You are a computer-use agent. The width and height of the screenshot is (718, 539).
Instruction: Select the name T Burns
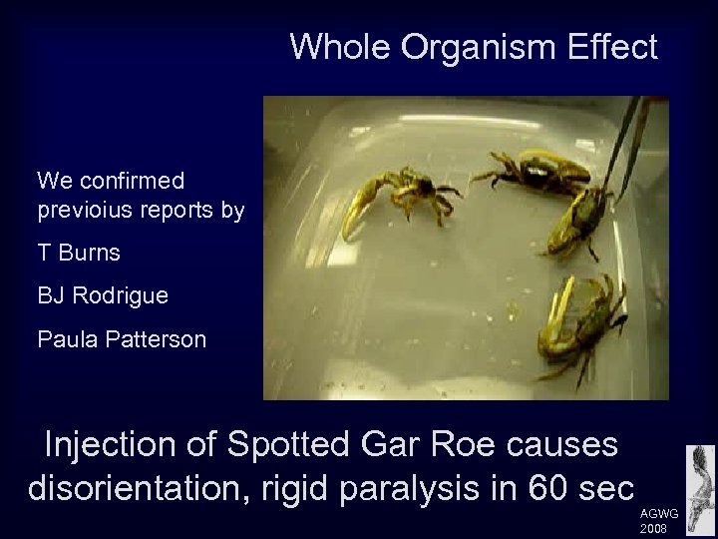point(79,253)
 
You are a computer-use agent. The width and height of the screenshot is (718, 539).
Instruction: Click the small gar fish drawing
point(700,480)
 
